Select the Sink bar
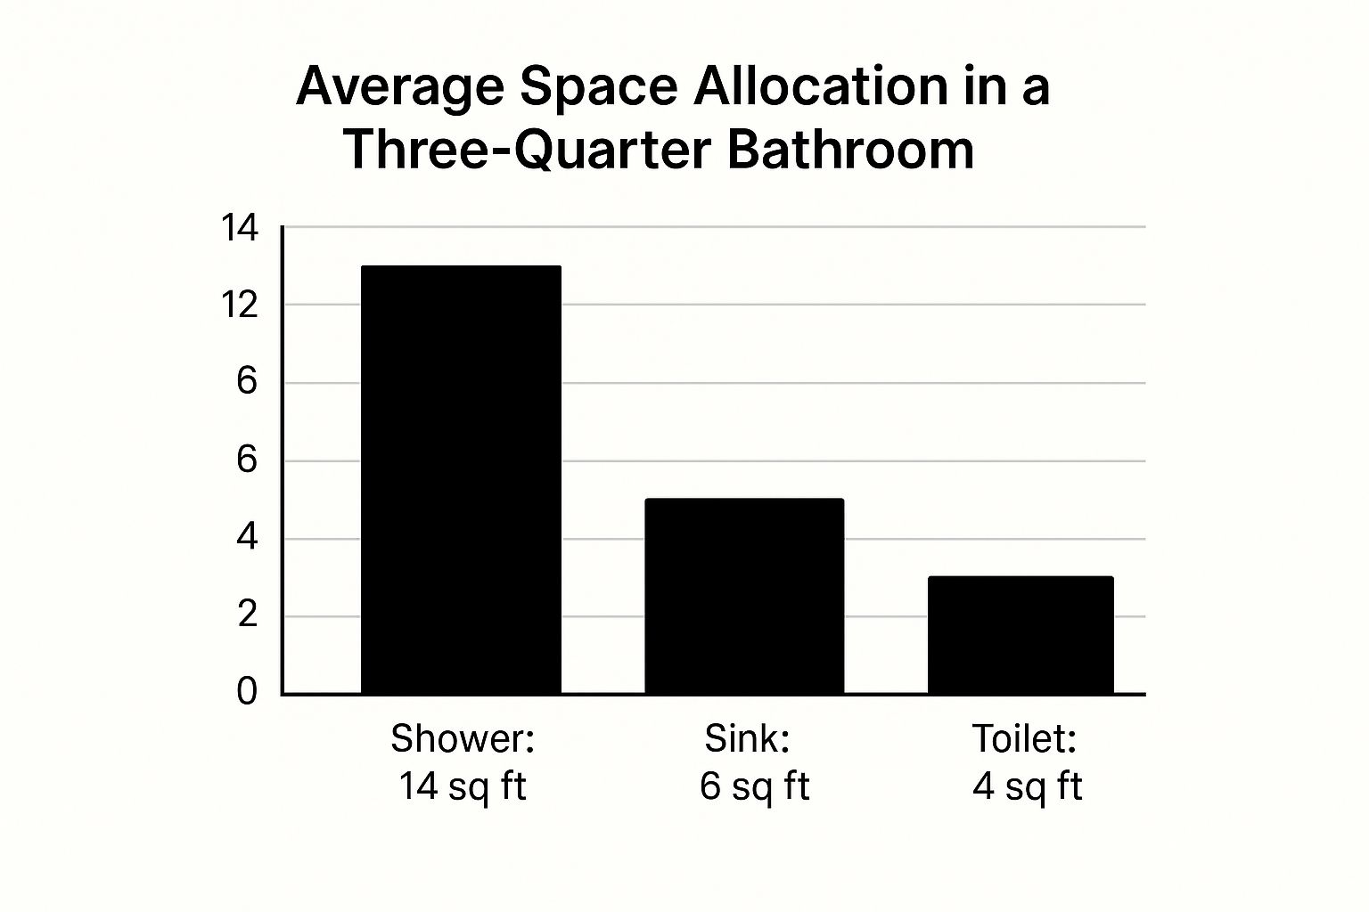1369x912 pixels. pyautogui.click(x=744, y=596)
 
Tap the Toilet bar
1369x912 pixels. pyautogui.click(x=1021, y=635)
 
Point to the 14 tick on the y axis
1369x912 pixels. pyautogui.click(x=239, y=229)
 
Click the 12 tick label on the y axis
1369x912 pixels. pyautogui.click(x=239, y=305)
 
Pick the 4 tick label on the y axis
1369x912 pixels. pyautogui.click(x=247, y=538)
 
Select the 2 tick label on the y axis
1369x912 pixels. pyautogui.click(x=247, y=615)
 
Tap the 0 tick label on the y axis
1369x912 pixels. pyautogui.click(x=247, y=691)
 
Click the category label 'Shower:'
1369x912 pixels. pyautogui.click(x=463, y=738)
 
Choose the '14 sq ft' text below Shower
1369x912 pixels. pyautogui.click(x=463, y=786)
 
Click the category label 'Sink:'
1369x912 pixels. pyautogui.click(x=747, y=738)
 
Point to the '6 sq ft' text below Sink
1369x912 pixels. pyautogui.click(x=754, y=786)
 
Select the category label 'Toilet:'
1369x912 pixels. pyautogui.click(x=1024, y=738)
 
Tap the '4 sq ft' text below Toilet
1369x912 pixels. pyautogui.click(x=1027, y=786)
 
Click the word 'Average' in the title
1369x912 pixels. pyautogui.click(x=401, y=87)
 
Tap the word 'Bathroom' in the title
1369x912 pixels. pyautogui.click(x=850, y=149)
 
